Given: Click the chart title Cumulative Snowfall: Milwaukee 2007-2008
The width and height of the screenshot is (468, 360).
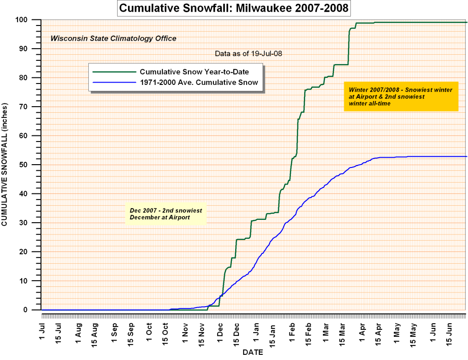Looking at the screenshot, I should tap(234, 8).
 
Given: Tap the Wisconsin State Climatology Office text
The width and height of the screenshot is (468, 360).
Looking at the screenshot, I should tap(113, 38).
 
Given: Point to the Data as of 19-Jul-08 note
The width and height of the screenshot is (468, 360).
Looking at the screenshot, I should tap(248, 53).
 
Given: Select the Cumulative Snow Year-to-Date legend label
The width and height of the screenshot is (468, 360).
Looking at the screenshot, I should tap(194, 72).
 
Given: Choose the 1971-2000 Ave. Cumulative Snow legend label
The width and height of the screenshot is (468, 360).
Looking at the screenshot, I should tap(199, 82).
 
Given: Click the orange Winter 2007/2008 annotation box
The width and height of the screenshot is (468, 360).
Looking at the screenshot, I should tap(401, 96).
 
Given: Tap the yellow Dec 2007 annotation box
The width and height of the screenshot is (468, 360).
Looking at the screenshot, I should tap(166, 215).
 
